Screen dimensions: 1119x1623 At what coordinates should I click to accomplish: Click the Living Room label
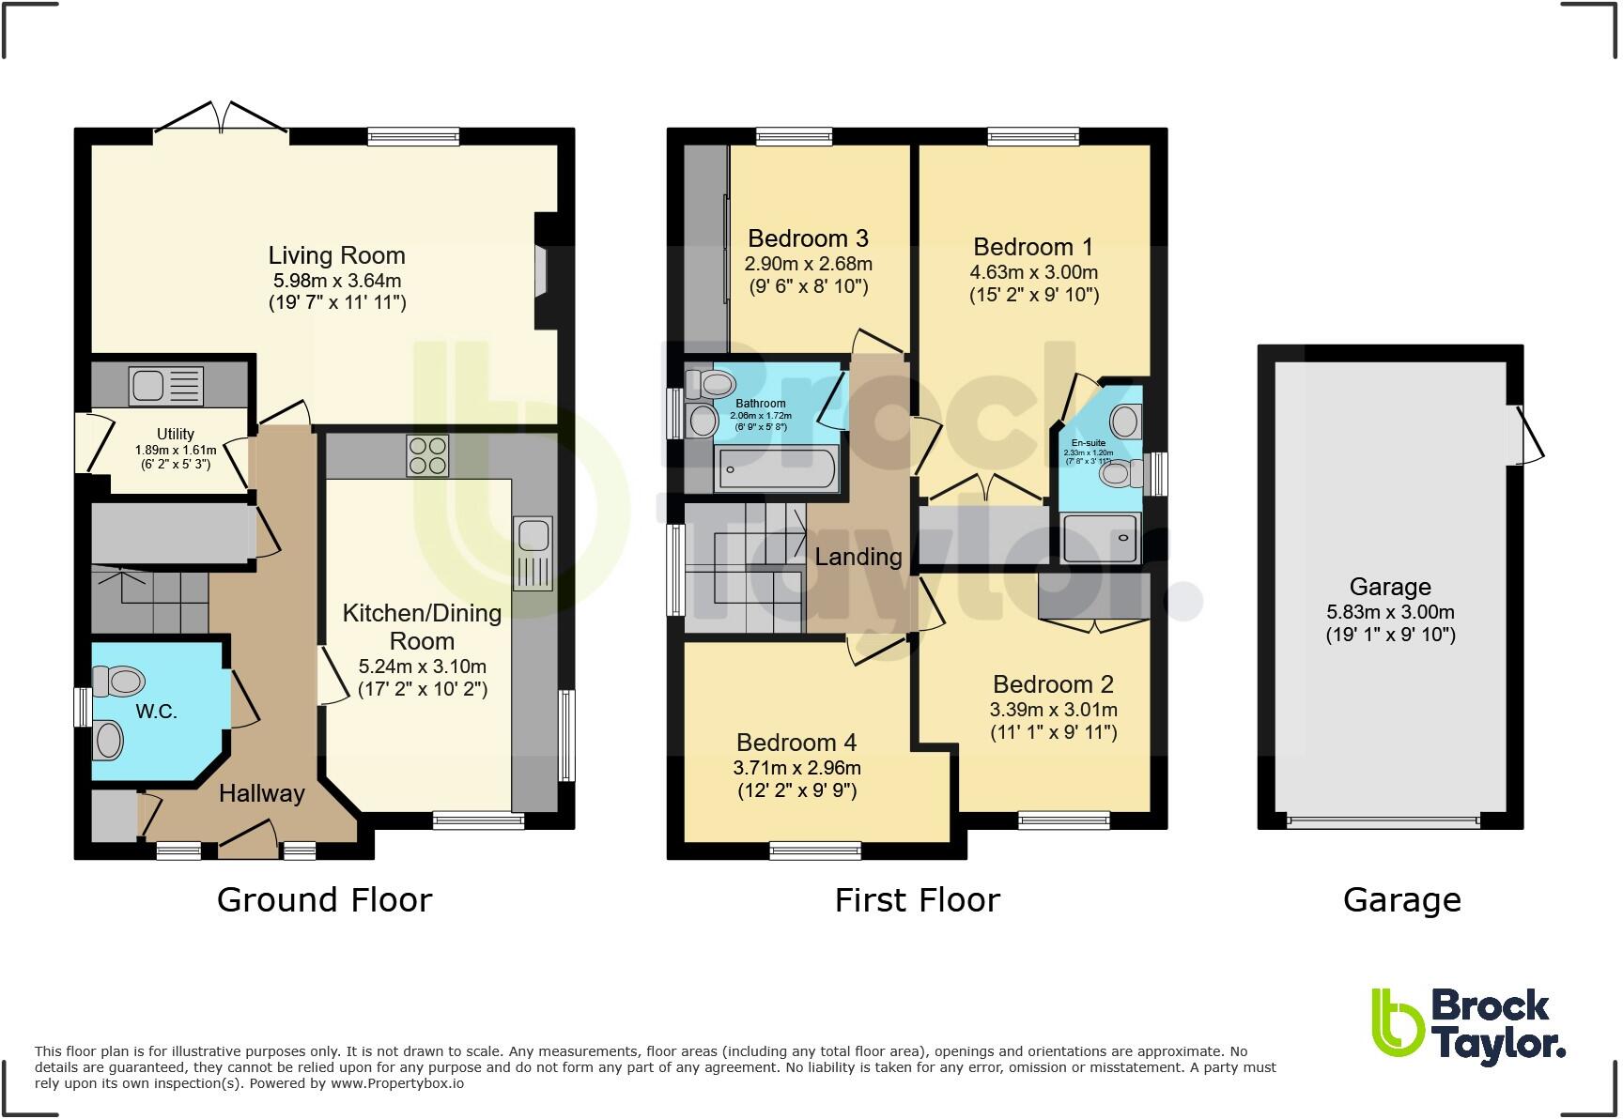point(336,255)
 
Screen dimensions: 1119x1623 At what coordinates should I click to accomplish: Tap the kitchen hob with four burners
point(427,456)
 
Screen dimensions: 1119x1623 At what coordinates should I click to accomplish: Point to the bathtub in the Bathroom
point(776,468)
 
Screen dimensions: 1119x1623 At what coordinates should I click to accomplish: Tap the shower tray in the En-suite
point(1100,538)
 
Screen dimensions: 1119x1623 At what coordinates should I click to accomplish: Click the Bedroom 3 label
point(808,238)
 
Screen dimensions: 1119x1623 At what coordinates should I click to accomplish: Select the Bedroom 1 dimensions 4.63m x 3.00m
point(1033,272)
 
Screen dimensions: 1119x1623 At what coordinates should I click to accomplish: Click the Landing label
point(858,557)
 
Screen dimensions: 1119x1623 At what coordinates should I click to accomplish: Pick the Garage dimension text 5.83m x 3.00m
point(1390,612)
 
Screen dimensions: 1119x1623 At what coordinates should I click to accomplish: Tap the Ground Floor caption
point(324,899)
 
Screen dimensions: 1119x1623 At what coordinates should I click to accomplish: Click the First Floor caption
point(917,899)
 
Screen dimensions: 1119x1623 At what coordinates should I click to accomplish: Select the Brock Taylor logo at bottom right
point(1467,1028)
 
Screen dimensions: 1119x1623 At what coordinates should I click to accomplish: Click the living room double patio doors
point(222,119)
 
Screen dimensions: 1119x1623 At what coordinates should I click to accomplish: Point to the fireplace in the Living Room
point(544,272)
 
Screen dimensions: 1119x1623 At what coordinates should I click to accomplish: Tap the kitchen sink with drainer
point(533,553)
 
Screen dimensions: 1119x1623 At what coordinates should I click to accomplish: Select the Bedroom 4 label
point(796,743)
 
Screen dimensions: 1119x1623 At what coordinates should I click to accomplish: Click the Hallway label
point(261,793)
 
